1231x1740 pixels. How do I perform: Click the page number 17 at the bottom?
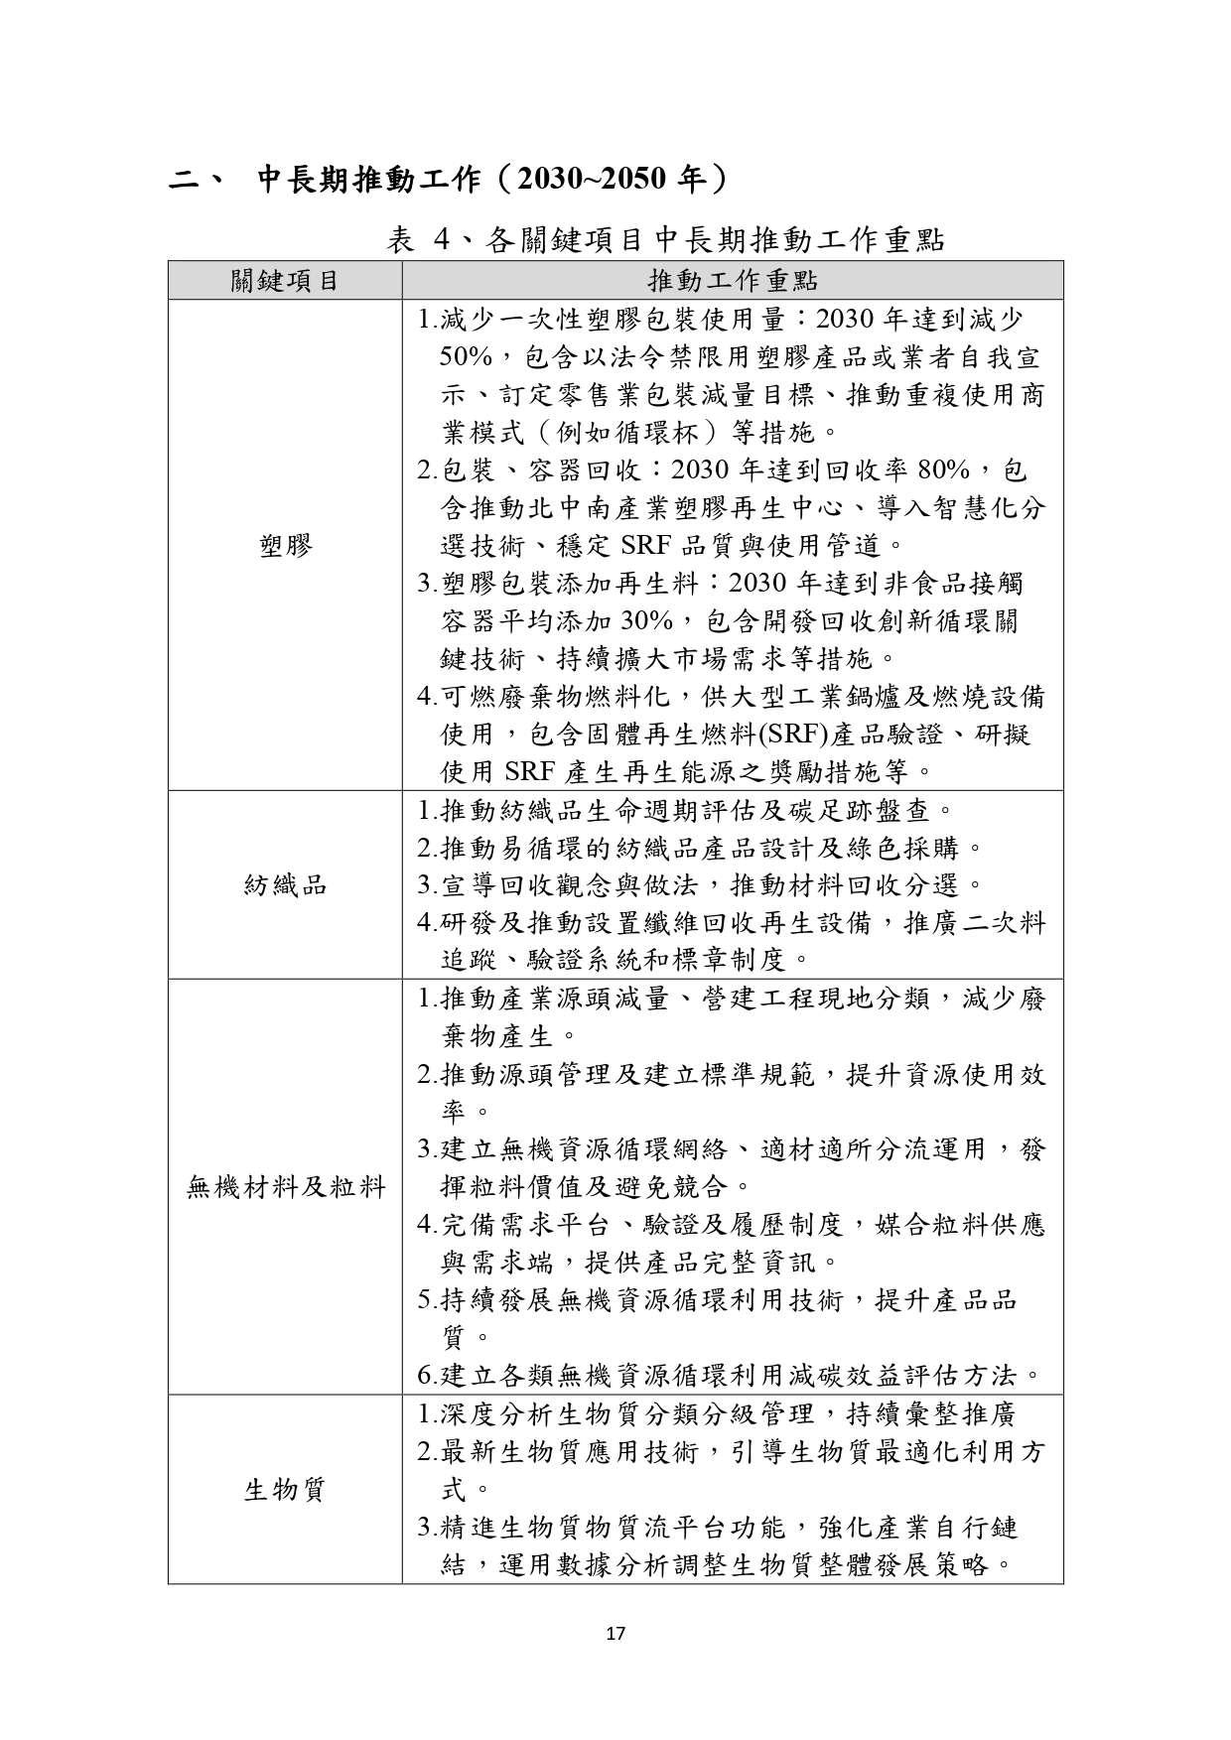coord(615,1633)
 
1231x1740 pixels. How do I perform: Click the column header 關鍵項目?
coord(285,281)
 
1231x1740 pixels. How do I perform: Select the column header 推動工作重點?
coord(733,281)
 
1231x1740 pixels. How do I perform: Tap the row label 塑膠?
coord(285,545)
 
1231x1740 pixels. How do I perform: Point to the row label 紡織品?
coord(285,885)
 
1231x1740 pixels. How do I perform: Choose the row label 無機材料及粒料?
coord(285,1186)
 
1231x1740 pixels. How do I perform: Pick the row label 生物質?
coord(285,1490)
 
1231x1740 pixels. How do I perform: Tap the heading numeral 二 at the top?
coord(185,180)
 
